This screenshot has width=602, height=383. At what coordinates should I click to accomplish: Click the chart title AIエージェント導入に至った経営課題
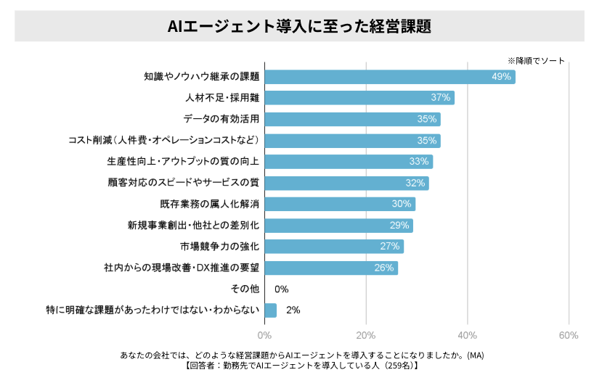[299, 27]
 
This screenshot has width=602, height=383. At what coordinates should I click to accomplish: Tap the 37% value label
[441, 98]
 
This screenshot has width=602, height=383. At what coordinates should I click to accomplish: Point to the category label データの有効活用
[221, 119]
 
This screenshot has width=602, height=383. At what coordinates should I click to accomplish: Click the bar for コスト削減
[352, 141]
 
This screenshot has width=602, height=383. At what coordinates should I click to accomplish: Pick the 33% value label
[419, 162]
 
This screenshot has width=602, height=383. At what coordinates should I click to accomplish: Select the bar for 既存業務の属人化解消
[340, 205]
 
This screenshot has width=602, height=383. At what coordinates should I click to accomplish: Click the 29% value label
[399, 226]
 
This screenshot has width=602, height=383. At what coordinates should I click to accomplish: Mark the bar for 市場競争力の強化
[333, 247]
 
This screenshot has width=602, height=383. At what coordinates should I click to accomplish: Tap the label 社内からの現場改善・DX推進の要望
[182, 268]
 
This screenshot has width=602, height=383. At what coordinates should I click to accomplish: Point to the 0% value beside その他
[282, 289]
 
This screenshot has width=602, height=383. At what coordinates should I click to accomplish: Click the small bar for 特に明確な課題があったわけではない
[270, 310]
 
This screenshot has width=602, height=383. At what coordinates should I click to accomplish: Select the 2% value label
[293, 310]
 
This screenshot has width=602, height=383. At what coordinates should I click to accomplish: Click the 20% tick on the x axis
[366, 335]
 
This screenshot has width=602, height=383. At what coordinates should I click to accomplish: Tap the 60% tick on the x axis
[569, 335]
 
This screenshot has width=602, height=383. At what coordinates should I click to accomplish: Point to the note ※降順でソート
[535, 61]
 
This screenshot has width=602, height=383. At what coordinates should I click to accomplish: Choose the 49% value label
[502, 76]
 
